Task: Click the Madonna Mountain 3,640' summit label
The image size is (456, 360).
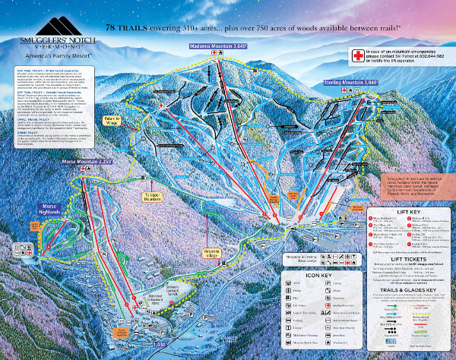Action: point(220,46)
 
